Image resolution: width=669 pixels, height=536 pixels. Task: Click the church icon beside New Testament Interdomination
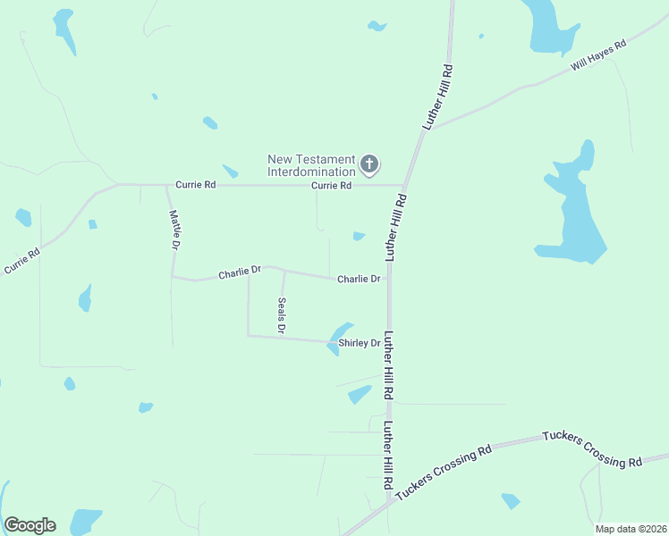(369, 164)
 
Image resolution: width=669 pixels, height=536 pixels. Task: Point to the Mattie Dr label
(175, 229)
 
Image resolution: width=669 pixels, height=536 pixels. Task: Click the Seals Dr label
(282, 315)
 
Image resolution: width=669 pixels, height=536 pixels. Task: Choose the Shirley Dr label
(360, 343)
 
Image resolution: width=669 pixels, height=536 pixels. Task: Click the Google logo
(30, 525)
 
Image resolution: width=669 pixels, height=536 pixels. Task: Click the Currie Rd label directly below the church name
(331, 186)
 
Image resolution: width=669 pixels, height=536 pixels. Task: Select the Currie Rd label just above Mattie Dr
(196, 185)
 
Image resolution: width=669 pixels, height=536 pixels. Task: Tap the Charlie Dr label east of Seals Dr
(359, 280)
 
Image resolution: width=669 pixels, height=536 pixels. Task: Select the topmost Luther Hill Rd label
(440, 98)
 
